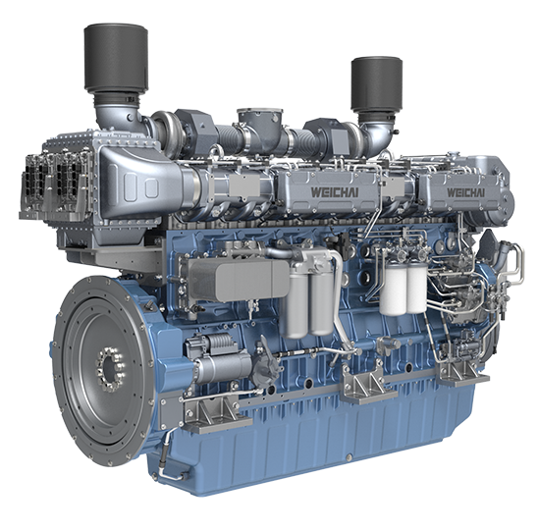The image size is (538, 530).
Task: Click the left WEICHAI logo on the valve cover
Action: pyautogui.click(x=335, y=192)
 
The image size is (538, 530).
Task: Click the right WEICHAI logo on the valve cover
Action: pyautogui.click(x=465, y=192)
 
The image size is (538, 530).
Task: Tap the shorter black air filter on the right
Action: pyautogui.click(x=376, y=85)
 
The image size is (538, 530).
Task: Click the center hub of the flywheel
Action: pyautogui.click(x=111, y=368)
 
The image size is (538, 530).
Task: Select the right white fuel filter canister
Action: pyautogui.click(x=416, y=289)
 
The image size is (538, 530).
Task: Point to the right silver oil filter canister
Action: pyautogui.click(x=321, y=302)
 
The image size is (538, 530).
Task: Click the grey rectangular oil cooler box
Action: pyautogui.click(x=239, y=281)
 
